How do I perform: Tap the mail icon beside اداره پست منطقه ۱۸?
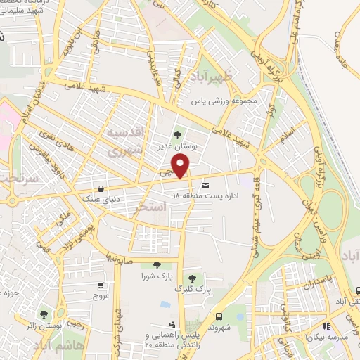point(205,185)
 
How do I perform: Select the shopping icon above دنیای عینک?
point(103,188)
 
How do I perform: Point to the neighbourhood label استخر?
point(169,207)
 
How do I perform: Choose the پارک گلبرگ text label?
point(192,289)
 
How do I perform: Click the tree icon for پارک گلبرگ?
point(191,277)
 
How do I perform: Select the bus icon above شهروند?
point(219,316)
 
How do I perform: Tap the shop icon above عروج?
point(100,285)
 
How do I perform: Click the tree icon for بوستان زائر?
point(44,314)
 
